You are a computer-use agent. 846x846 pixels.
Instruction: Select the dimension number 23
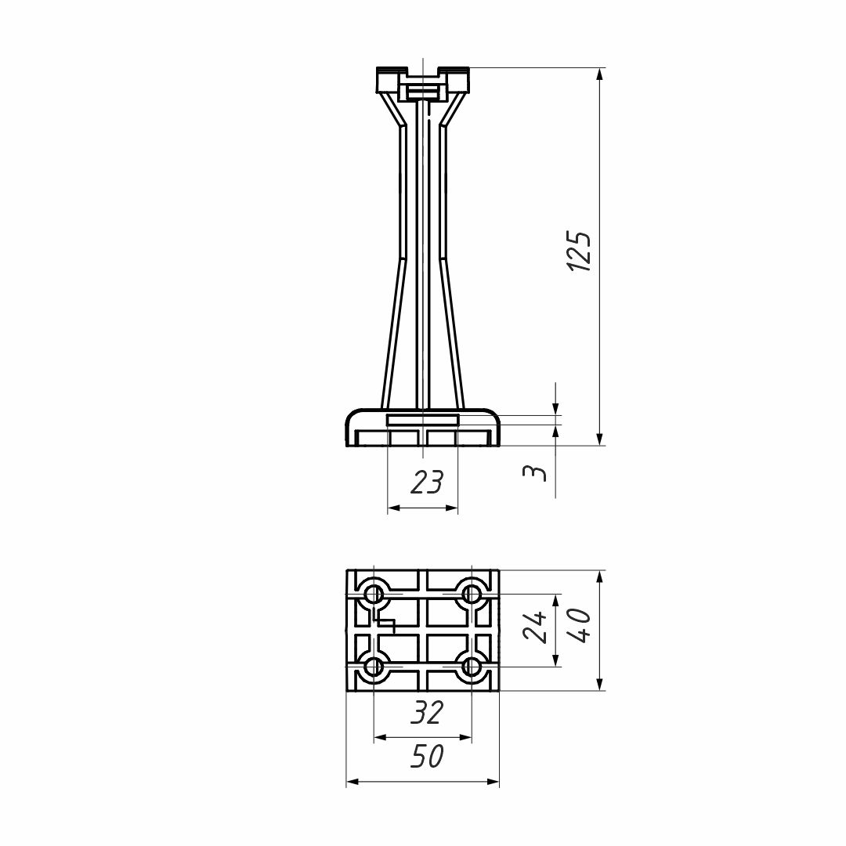click(427, 482)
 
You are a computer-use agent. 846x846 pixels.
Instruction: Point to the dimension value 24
click(535, 627)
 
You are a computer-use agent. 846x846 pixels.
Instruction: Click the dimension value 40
click(580, 627)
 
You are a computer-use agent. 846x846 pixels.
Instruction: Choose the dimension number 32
click(427, 712)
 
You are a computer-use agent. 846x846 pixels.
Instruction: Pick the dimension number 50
click(427, 756)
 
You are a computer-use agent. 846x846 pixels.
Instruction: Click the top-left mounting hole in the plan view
click(374, 591)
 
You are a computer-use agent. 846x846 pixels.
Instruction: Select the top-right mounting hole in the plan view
click(472, 591)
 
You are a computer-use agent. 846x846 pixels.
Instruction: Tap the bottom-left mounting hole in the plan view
click(374, 667)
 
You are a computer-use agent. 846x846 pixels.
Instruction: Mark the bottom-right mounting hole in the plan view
click(472, 667)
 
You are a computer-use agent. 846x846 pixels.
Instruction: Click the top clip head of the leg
click(422, 82)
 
